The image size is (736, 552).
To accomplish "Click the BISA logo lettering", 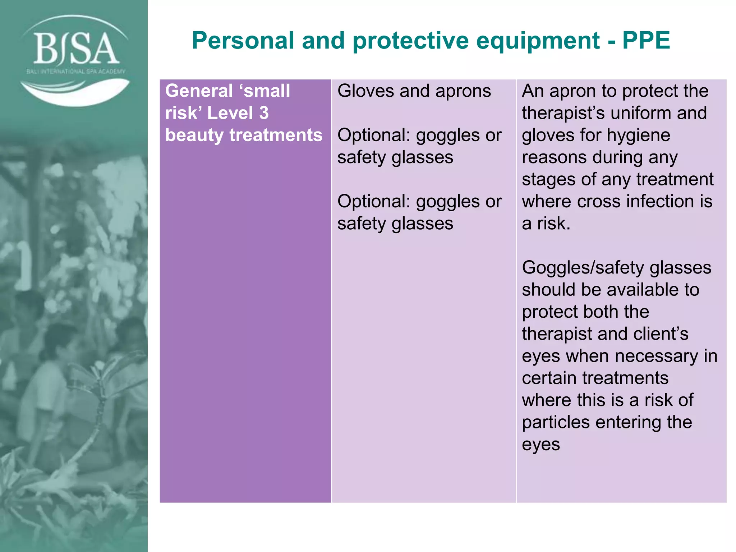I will point(76,49).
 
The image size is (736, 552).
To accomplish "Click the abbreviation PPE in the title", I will point(646,40).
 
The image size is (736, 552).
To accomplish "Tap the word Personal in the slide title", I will point(243,40).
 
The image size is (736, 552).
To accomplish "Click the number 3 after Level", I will point(264,113).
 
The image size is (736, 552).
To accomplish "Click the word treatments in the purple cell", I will point(276,135).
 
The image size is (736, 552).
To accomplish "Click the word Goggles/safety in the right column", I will point(583,268).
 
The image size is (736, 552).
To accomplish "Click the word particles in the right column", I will point(556,422).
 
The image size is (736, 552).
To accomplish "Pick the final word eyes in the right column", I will point(540,445).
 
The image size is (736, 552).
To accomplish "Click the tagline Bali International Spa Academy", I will point(76,71).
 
